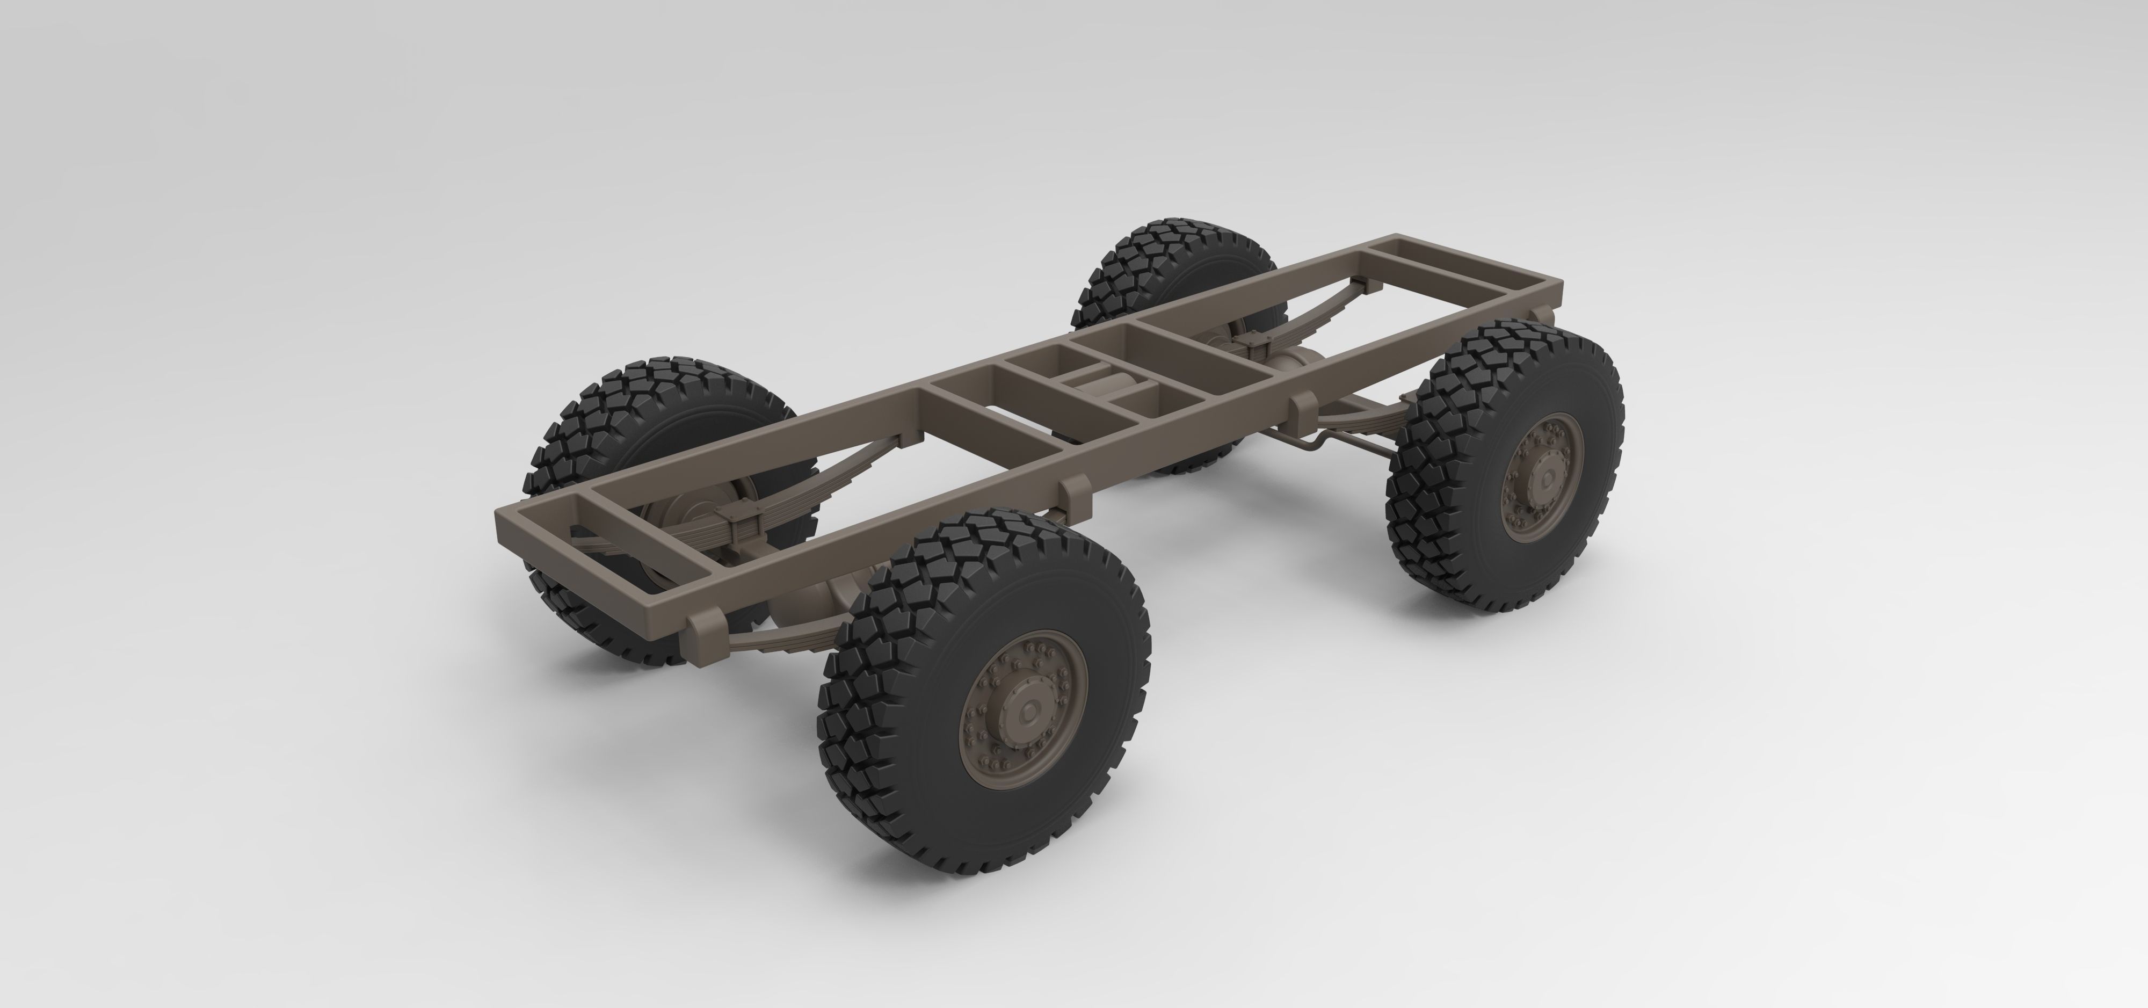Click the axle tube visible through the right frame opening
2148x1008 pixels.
tap(1301, 362)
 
